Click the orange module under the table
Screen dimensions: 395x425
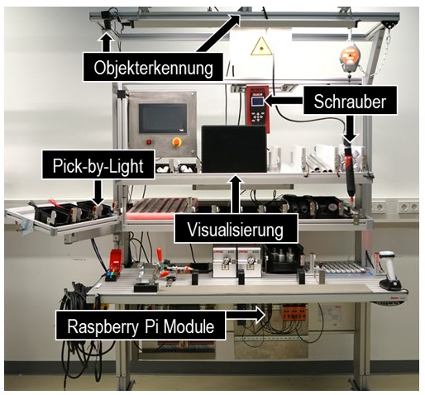(x=293, y=313)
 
